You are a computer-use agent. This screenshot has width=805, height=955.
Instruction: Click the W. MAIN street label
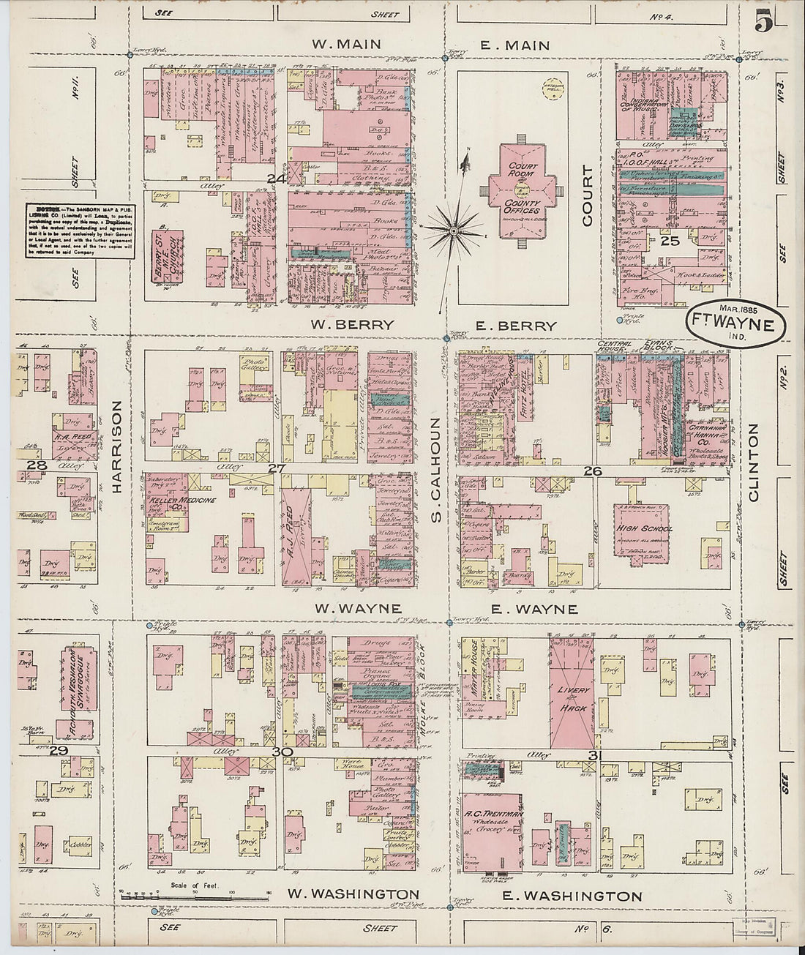pyautogui.click(x=346, y=45)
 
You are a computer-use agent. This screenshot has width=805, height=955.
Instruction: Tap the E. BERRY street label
pyautogui.click(x=515, y=326)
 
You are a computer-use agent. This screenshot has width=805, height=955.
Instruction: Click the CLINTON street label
pyautogui.click(x=754, y=462)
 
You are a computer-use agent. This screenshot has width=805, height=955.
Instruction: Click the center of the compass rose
pyautogui.click(x=454, y=231)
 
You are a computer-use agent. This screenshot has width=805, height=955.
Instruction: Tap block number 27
pyautogui.click(x=275, y=468)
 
